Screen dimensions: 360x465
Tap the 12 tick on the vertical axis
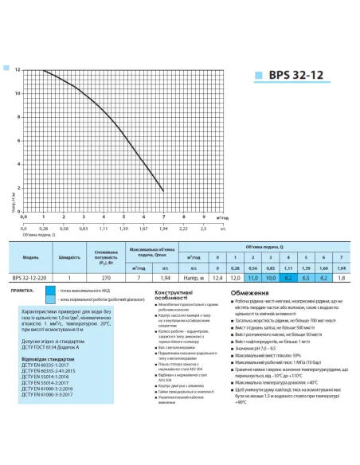point(18,70)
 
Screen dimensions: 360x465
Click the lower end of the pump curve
point(163,190)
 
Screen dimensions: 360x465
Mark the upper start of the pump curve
point(43,70)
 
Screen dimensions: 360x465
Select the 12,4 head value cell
point(218,276)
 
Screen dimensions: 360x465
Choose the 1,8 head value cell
point(341,276)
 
